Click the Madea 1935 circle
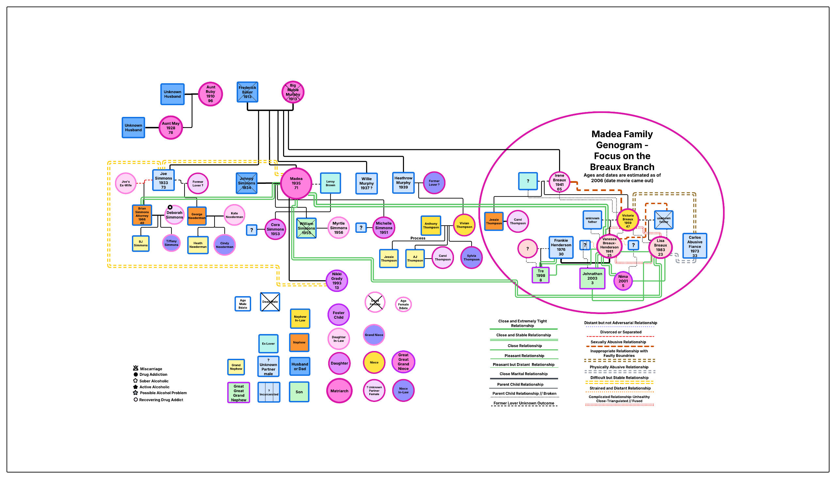point(296,183)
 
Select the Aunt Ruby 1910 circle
point(210,94)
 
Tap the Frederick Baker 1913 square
point(248,92)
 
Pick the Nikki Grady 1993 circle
point(337,280)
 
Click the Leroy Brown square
point(330,183)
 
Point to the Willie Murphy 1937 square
point(366,184)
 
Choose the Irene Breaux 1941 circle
point(559,182)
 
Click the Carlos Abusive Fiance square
point(695,246)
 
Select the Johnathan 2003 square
point(592,278)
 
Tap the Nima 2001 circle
point(623,281)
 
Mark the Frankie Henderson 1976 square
point(561,247)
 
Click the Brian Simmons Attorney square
point(142,216)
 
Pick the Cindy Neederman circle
point(224,245)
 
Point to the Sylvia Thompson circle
point(471,257)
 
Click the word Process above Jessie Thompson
point(417,238)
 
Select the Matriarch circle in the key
point(339,391)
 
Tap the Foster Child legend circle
point(339,315)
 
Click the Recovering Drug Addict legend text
point(161,400)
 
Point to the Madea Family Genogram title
point(622,150)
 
